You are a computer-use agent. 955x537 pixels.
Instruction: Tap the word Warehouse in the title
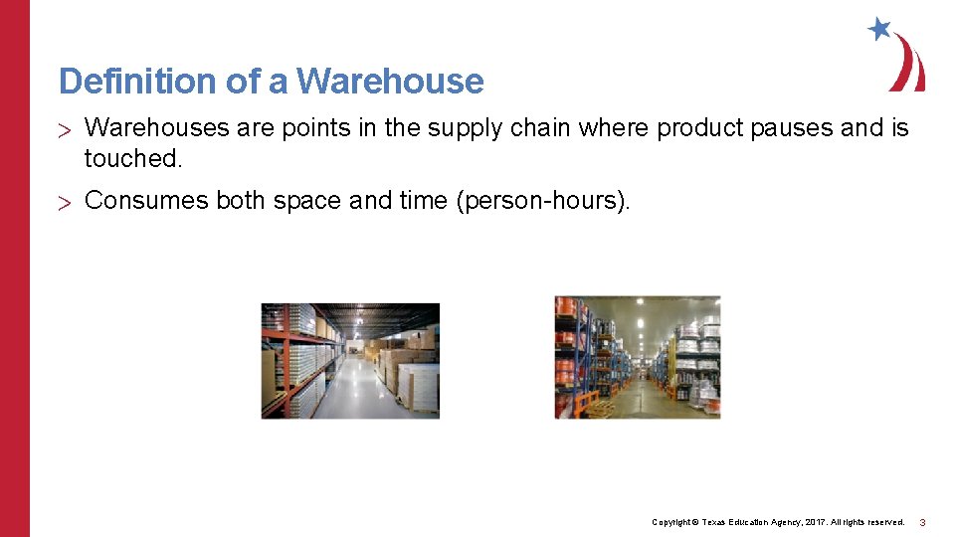coord(390,81)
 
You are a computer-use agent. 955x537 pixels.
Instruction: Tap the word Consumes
coord(146,201)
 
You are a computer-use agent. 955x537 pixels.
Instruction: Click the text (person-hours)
coord(543,201)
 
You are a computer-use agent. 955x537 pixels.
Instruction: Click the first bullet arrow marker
coord(65,129)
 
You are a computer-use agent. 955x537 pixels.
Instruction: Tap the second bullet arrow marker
coord(65,202)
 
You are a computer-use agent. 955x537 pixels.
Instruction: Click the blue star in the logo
coord(879,28)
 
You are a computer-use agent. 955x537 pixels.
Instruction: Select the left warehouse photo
coord(350,361)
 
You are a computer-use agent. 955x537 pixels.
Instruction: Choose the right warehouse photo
coord(637,357)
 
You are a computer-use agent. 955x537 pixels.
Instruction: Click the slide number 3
coord(922,522)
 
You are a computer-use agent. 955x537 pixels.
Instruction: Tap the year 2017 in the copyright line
coord(814,522)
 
